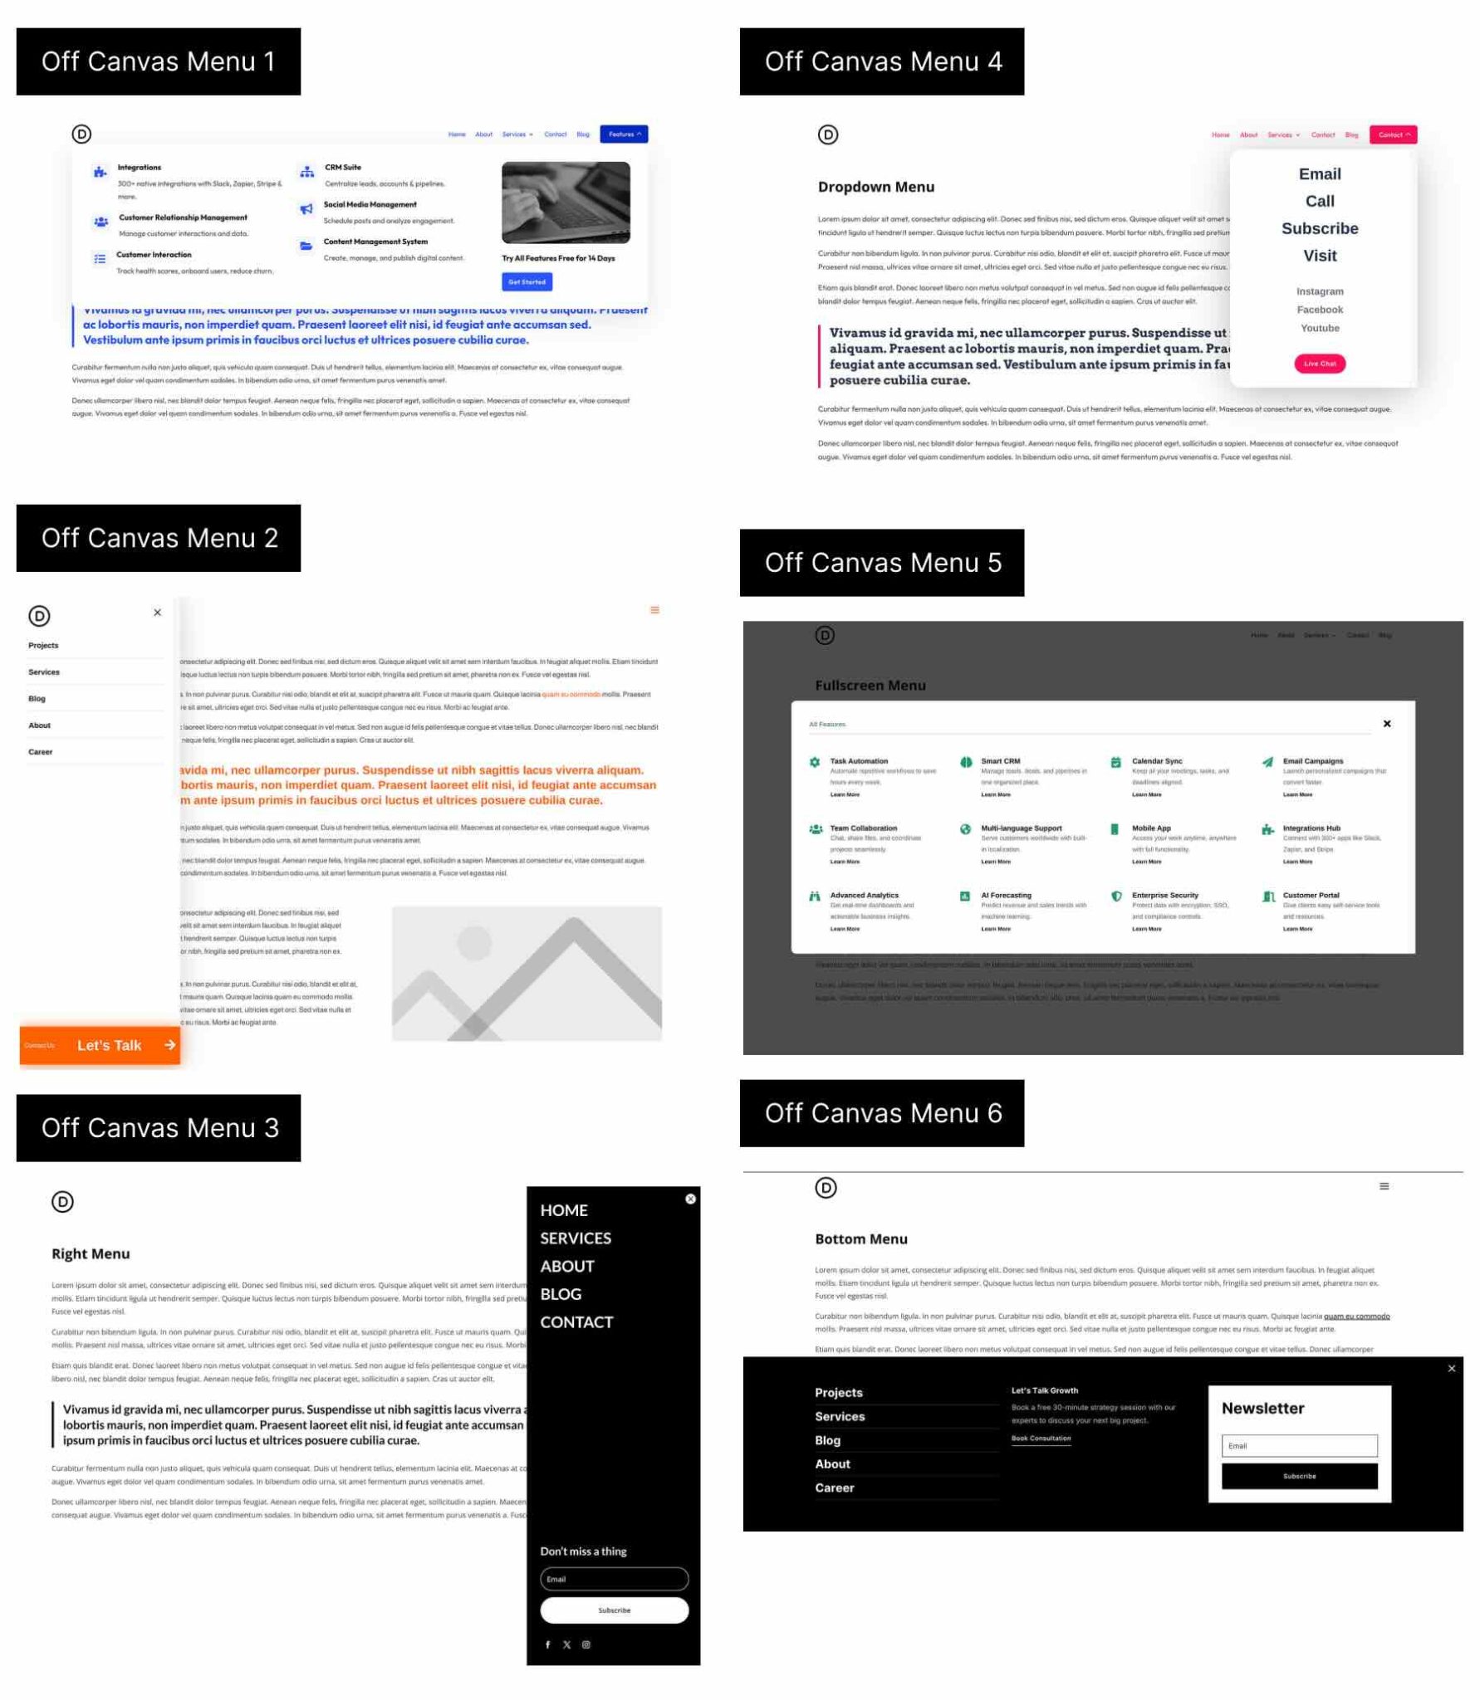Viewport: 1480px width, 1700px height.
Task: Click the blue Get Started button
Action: tap(527, 282)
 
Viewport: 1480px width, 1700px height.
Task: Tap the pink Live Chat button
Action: tap(1319, 364)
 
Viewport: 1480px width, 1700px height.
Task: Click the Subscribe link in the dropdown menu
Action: tap(1319, 228)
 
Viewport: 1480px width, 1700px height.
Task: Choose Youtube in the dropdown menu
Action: tap(1319, 328)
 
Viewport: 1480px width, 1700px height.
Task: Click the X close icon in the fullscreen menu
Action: tap(1386, 724)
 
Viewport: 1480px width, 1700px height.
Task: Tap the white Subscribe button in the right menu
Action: tap(614, 1610)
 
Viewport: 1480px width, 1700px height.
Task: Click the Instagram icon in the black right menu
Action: tap(586, 1644)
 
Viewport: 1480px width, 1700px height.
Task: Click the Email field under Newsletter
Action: tap(1299, 1445)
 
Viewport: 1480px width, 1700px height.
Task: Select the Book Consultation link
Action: tap(1041, 1438)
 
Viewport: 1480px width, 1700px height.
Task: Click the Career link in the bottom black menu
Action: tap(834, 1487)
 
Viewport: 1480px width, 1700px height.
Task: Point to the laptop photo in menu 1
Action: tap(566, 203)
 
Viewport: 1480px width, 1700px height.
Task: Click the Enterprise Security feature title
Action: tap(1164, 895)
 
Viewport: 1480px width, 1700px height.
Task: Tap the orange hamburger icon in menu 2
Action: tap(654, 610)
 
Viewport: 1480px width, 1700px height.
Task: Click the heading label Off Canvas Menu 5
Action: tap(882, 563)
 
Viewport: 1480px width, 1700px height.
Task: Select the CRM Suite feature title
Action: tap(343, 168)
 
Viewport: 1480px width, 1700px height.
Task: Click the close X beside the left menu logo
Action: tap(157, 613)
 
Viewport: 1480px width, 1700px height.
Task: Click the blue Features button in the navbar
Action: tap(624, 134)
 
